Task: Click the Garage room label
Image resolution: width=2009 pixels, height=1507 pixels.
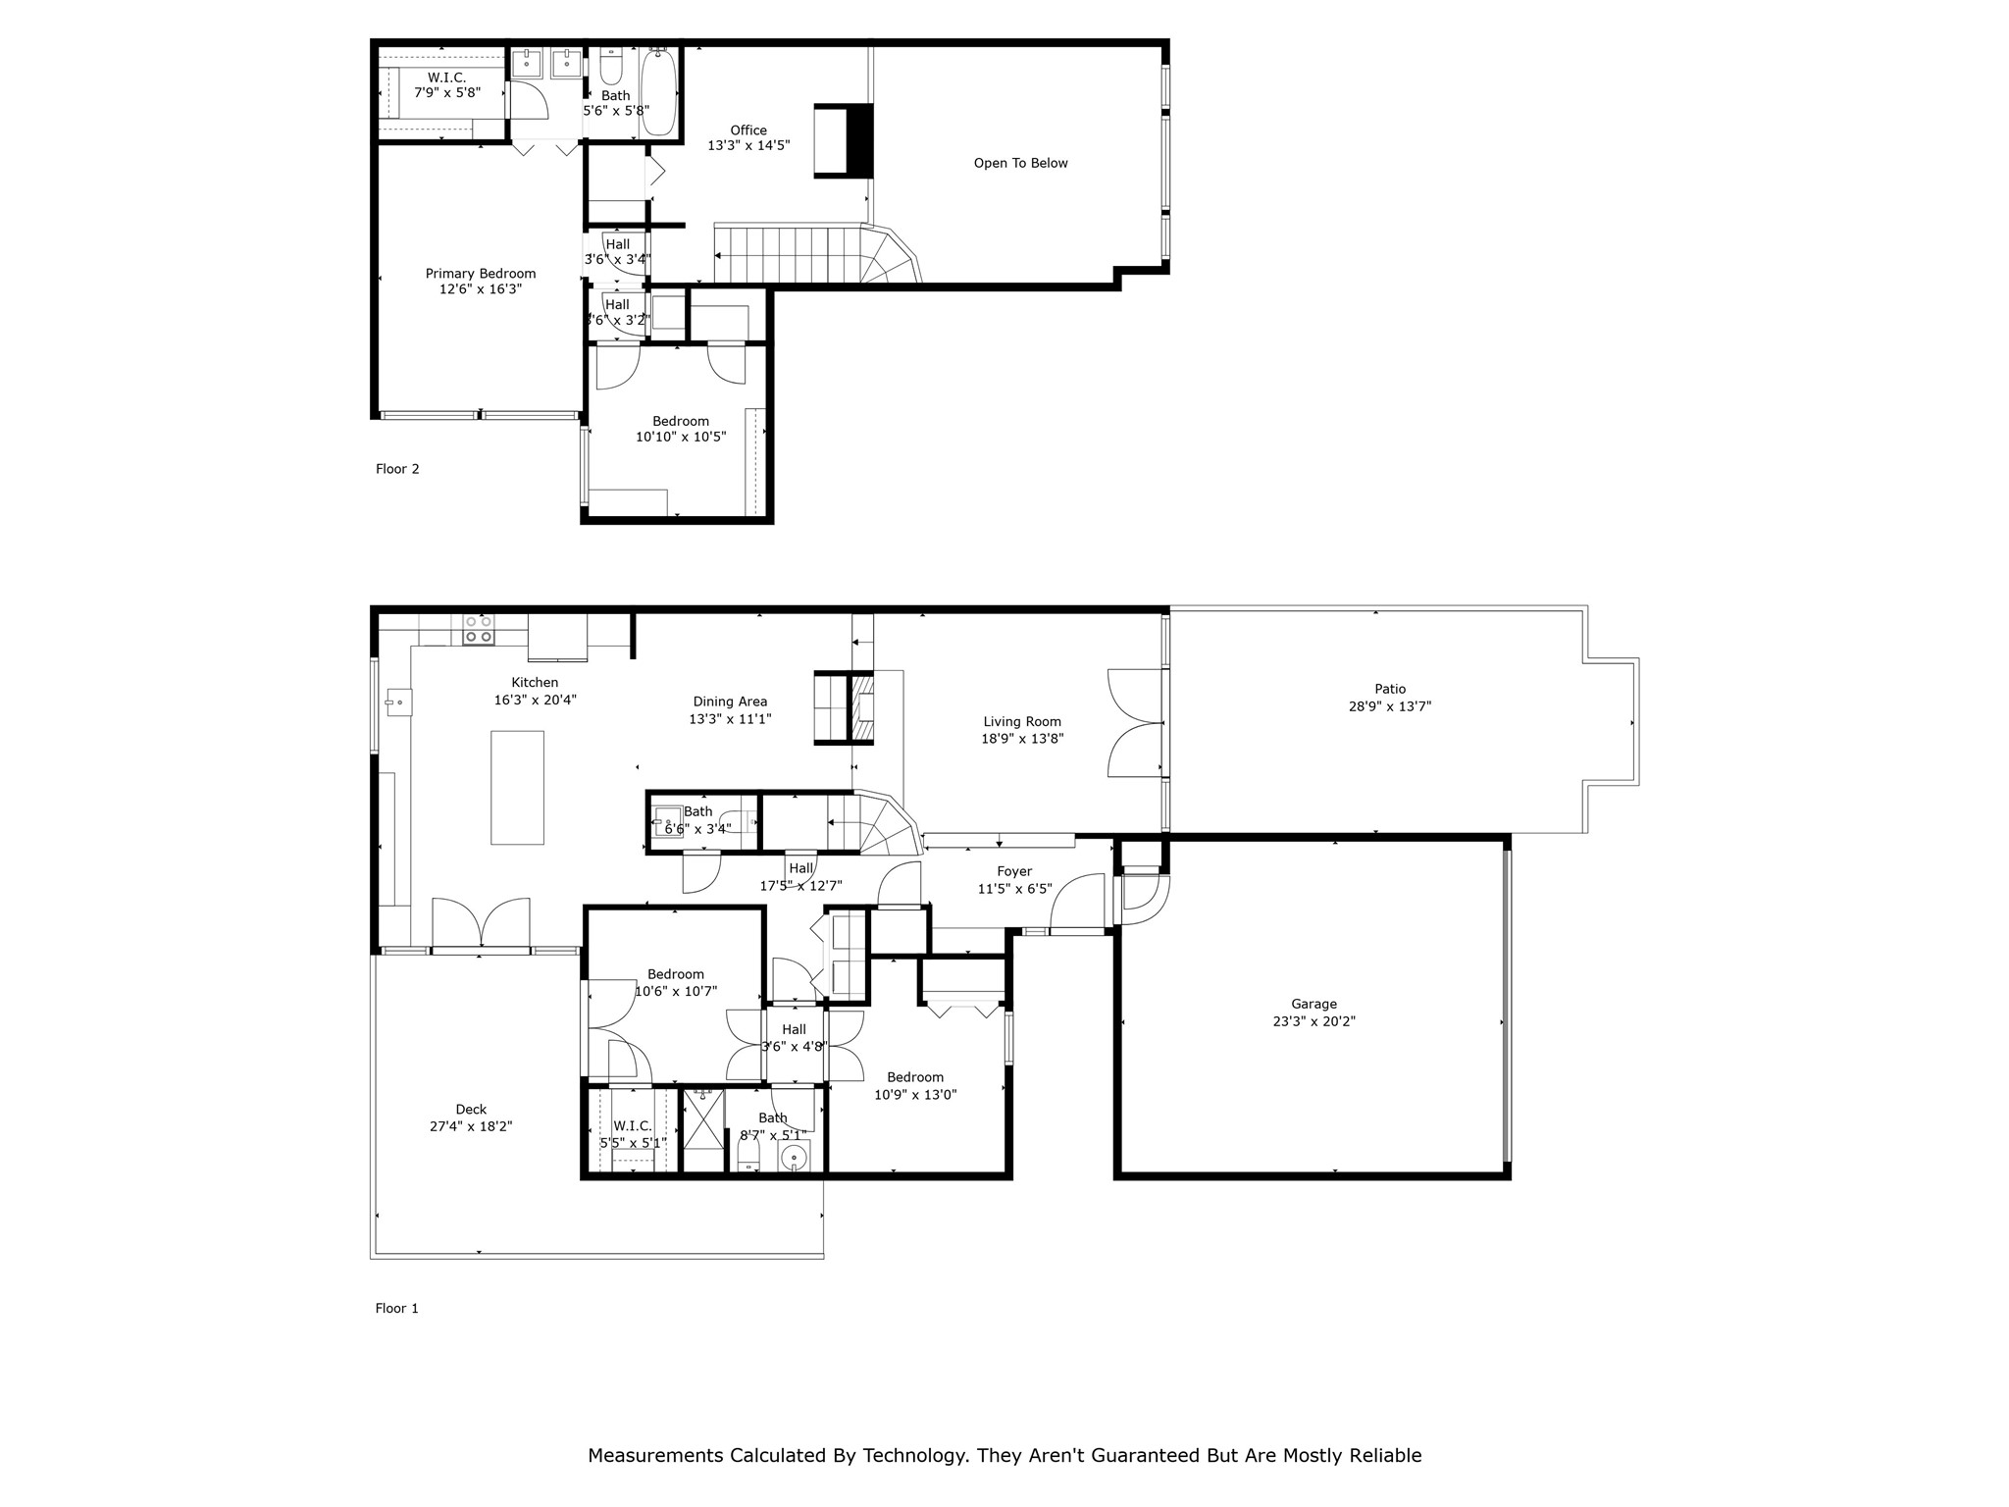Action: [x=1314, y=1004]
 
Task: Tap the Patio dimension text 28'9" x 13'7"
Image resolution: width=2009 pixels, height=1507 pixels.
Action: [x=1389, y=705]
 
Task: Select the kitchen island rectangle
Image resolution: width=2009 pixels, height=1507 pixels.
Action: [x=517, y=787]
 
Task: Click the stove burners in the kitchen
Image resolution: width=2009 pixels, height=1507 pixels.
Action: [x=479, y=629]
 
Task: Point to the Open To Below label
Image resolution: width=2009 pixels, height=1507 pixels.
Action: [x=1020, y=163]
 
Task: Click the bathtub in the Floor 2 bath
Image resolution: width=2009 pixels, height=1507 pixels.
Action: [x=658, y=93]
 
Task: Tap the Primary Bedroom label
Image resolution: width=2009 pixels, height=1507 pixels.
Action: [x=480, y=274]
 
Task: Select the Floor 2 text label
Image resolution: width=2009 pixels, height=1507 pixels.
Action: [x=397, y=469]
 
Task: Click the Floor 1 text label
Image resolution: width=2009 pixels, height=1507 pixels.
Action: [x=397, y=1308]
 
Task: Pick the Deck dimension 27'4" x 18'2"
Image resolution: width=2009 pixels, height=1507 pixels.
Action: [x=471, y=1126]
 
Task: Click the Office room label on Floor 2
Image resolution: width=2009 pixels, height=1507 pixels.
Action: [x=748, y=130]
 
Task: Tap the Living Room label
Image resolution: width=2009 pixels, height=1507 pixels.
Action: [x=1022, y=722]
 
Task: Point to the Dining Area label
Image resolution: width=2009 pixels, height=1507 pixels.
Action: [x=730, y=702]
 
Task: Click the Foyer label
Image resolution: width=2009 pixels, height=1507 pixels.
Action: [x=1014, y=871]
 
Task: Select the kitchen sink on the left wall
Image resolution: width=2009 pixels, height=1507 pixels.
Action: [x=398, y=702]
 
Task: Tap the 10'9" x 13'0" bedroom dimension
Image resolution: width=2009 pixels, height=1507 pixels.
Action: [x=915, y=1095]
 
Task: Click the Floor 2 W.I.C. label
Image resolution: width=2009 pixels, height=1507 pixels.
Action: [x=446, y=78]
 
